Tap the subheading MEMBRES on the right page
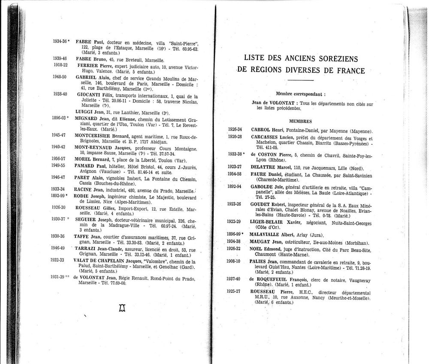coord(300,121)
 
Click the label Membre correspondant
coord(300,93)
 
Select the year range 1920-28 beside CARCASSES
coord(235,136)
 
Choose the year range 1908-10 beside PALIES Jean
coord(235,261)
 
